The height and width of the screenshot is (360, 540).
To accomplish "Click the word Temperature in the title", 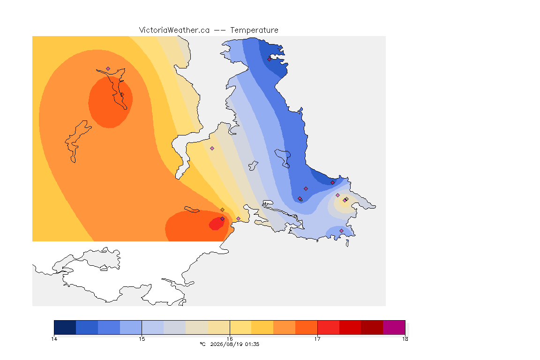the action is (254, 30).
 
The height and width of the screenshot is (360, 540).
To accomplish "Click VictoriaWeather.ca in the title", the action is (174, 30).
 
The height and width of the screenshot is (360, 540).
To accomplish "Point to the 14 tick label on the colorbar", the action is (54, 339).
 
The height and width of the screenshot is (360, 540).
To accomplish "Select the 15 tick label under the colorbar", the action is (142, 339).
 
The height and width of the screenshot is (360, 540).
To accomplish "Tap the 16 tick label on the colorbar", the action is (230, 339).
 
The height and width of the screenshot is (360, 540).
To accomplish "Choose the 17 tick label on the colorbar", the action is (317, 339).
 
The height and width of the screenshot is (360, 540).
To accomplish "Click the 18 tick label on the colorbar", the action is (405, 339).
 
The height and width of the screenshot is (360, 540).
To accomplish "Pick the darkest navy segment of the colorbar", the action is (65, 327).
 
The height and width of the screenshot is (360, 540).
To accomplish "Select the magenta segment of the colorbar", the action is (394, 327).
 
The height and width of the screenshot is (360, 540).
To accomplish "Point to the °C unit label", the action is (202, 344).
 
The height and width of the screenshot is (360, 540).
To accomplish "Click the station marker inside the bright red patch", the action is (223, 219).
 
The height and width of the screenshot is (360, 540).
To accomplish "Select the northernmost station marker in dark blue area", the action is (270, 59).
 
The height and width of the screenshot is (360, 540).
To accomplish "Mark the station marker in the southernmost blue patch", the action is (341, 231).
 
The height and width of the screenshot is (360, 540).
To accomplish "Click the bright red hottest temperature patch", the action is (217, 224).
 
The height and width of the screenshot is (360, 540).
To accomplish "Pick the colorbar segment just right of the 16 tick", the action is (241, 327).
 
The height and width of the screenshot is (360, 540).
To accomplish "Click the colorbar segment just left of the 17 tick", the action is (306, 327).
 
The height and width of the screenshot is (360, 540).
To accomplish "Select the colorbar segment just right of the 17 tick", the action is (328, 327).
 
